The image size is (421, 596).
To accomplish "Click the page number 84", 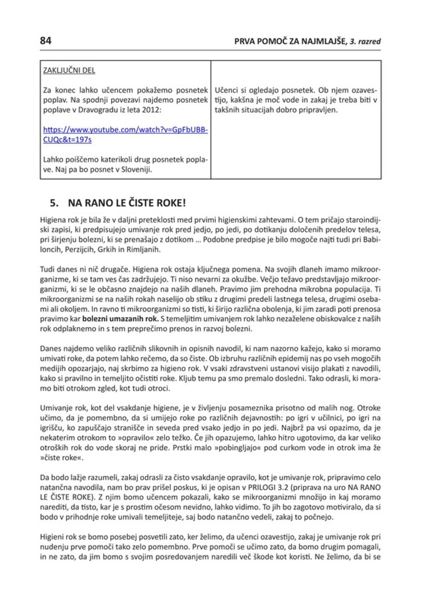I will (x=46, y=41).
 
